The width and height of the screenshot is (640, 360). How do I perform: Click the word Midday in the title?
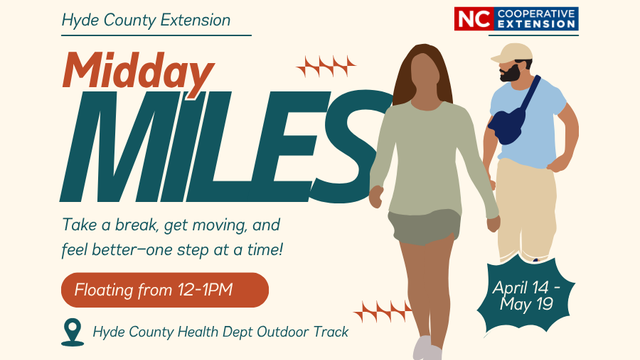click(140, 71)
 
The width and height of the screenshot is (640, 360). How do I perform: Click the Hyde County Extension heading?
click(146, 20)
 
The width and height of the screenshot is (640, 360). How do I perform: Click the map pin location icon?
click(72, 331)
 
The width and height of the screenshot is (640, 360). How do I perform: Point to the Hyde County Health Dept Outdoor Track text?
click(220, 331)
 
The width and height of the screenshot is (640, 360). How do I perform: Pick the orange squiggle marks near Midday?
click(328, 67)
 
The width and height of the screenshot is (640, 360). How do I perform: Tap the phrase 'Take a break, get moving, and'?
click(172, 222)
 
